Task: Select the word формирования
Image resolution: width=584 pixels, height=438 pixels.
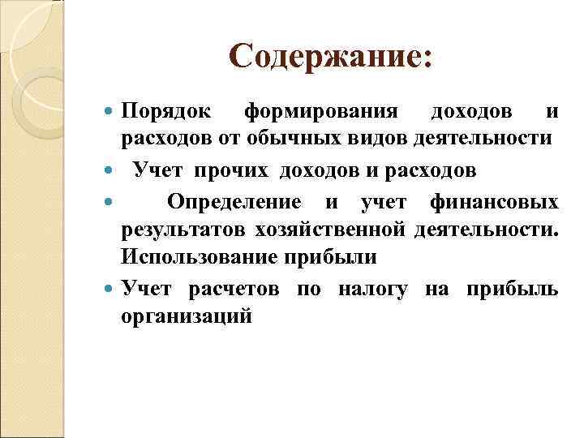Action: (x=321, y=110)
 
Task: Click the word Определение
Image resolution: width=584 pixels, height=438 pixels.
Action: (x=234, y=201)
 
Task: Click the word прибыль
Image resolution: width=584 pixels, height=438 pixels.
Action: (x=512, y=289)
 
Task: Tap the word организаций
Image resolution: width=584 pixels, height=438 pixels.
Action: (x=187, y=316)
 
